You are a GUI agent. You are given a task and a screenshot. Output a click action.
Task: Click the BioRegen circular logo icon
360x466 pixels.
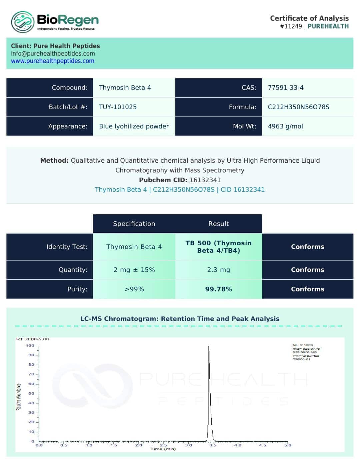[23, 22]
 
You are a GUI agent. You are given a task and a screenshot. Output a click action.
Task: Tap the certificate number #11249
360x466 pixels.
[291, 26]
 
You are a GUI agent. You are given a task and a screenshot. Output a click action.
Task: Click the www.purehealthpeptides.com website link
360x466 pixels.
[53, 61]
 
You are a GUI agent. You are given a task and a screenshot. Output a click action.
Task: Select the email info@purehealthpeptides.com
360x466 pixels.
[53, 53]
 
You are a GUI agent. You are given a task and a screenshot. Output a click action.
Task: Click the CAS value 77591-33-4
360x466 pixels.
[286, 88]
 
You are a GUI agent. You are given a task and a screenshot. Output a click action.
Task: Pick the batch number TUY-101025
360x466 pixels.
[118, 107]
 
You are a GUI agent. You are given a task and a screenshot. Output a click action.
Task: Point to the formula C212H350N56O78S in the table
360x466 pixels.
[298, 107]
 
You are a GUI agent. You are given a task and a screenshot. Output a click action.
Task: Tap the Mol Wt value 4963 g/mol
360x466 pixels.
[285, 126]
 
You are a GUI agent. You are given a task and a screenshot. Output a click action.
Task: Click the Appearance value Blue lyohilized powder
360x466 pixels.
[134, 126]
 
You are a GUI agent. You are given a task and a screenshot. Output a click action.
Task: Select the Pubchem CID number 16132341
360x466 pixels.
[205, 180]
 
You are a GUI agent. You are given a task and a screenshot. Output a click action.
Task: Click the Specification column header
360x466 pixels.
[134, 224]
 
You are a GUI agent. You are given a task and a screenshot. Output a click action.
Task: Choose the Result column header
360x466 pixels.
[219, 224]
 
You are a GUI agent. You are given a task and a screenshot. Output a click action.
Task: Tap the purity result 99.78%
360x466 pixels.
[219, 289]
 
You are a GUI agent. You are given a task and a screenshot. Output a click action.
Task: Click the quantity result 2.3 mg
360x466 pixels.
[219, 270]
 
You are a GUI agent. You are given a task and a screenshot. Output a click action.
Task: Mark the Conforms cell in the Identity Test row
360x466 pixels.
[307, 247]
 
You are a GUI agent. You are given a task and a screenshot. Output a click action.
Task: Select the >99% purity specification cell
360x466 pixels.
[134, 289]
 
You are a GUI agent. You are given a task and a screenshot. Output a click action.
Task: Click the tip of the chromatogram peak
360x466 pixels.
[209, 346]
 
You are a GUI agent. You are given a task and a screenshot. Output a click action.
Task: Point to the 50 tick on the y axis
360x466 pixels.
[31, 394]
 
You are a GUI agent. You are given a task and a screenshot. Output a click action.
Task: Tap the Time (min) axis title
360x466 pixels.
[163, 449]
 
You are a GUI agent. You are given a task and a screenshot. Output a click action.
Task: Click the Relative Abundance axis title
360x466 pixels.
[19, 397]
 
